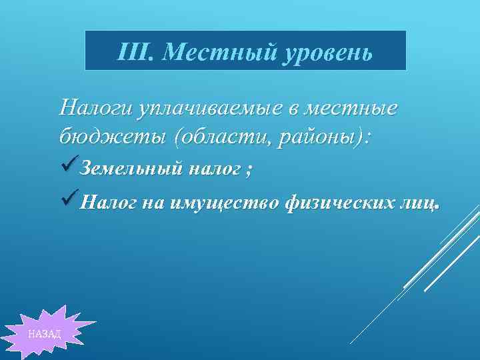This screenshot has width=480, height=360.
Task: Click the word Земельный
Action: tap(131, 170)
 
